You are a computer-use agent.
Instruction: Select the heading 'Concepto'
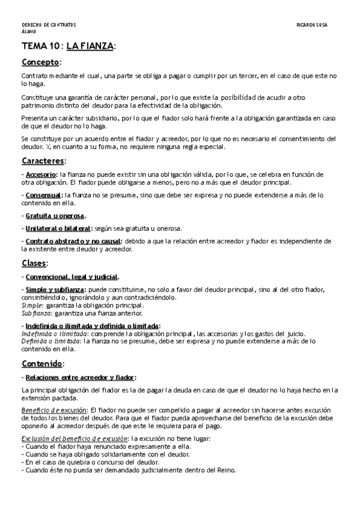click(x=40, y=62)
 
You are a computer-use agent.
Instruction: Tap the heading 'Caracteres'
click(x=43, y=161)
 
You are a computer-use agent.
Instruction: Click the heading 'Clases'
click(x=34, y=263)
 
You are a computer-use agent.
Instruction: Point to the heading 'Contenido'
click(x=41, y=364)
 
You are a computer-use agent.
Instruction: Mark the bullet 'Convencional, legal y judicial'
click(x=72, y=277)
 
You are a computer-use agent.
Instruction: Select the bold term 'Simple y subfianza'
click(x=56, y=290)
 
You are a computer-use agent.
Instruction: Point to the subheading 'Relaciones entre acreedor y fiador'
click(x=80, y=377)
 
